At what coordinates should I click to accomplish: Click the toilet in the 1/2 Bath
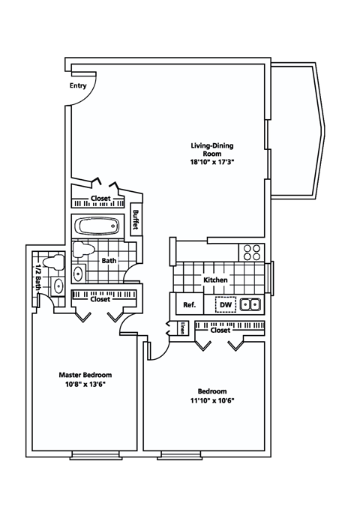pos(52,263)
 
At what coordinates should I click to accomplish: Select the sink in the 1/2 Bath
pos(57,285)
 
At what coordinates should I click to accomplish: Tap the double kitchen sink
pos(252,304)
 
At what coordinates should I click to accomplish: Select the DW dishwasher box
pos(225,305)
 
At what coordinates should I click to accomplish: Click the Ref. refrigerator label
pos(190,305)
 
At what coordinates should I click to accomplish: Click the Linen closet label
pos(183,328)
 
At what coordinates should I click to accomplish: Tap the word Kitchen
pos(216,280)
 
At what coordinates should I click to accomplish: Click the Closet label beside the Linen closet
pos(220,330)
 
